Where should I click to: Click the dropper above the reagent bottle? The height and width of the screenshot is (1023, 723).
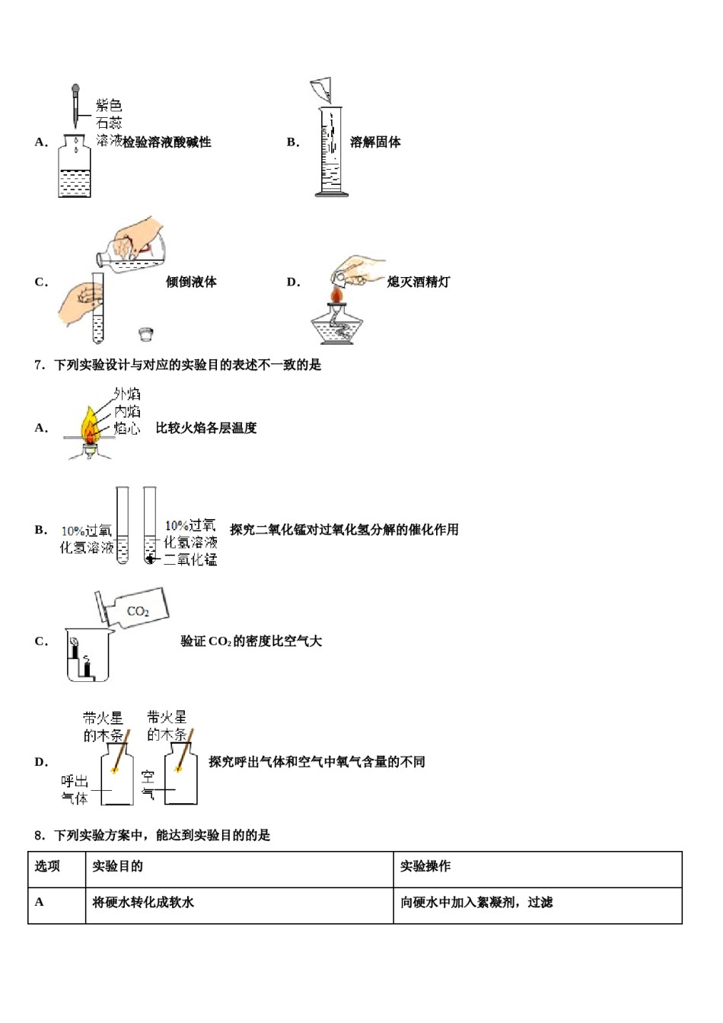tap(75, 107)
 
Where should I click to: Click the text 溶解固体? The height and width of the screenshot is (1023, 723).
tap(375, 142)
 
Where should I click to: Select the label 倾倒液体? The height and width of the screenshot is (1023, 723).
tap(191, 282)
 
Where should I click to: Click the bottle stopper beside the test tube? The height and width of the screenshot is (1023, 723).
tap(146, 333)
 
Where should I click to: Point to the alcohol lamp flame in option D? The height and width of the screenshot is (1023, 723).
tap(337, 293)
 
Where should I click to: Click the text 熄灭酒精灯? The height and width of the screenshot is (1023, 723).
tap(418, 282)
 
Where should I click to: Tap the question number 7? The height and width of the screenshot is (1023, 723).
tap(40, 365)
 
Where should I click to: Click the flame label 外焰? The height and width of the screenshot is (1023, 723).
tap(127, 394)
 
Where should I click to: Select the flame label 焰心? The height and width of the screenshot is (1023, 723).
tap(127, 429)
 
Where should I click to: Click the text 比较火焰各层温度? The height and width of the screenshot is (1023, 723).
tap(206, 429)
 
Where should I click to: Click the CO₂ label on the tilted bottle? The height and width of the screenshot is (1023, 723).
tap(138, 611)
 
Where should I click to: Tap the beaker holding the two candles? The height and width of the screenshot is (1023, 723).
tap(88, 656)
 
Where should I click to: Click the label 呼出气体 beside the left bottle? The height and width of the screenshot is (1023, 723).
tap(75, 789)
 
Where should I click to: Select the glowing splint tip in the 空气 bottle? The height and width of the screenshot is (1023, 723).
tap(178, 770)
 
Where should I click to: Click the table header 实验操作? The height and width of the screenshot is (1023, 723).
tap(425, 866)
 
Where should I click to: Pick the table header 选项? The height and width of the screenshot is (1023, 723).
tap(47, 866)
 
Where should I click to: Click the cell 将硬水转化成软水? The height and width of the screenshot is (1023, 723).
tap(143, 903)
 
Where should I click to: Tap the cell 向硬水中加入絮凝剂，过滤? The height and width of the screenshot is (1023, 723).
tap(476, 903)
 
